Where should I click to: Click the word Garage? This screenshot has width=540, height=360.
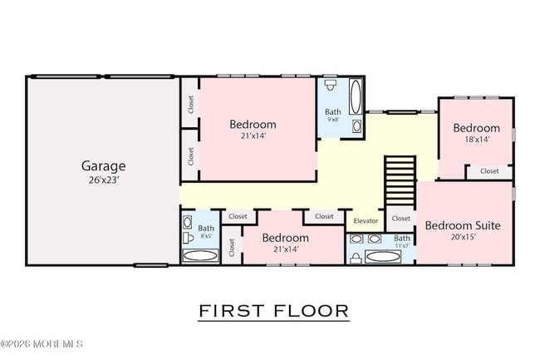(103, 166)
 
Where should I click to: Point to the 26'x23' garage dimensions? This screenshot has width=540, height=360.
(104, 180)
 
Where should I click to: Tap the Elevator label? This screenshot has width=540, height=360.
(366, 221)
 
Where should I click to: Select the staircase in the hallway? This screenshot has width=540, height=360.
(400, 181)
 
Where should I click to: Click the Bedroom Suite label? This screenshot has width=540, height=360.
(463, 225)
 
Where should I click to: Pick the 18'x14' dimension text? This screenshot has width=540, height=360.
(477, 139)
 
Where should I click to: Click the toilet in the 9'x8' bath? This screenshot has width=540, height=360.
(331, 85)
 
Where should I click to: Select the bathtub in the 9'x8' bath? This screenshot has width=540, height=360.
(356, 96)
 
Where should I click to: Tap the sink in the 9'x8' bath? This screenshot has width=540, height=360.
(356, 126)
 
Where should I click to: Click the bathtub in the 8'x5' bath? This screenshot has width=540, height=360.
(200, 255)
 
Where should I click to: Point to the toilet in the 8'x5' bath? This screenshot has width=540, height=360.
(188, 237)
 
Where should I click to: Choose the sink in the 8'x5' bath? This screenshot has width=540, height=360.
(188, 222)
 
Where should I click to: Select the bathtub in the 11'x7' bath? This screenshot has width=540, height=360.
(383, 256)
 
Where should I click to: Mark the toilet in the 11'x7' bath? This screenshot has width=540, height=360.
(356, 258)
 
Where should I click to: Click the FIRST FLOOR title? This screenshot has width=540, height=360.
(274, 311)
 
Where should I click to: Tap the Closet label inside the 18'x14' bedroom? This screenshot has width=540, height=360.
(489, 171)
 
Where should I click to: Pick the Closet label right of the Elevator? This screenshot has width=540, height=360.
(401, 219)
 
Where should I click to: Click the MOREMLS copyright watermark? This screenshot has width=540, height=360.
(42, 343)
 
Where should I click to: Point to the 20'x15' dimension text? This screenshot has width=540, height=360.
(464, 237)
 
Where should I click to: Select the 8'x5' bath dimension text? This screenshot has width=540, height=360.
(206, 236)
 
